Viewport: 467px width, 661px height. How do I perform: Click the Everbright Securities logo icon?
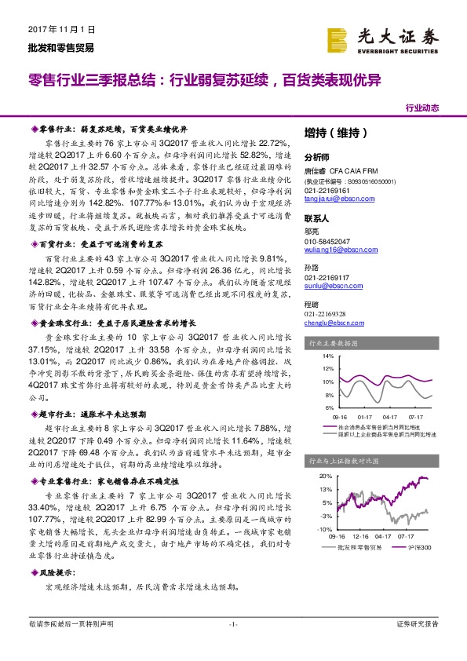tap(338, 38)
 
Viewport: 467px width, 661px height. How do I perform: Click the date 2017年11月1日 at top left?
tap(56, 28)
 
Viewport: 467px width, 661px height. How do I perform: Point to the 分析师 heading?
tap(318, 156)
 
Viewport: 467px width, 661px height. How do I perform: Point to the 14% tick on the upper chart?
tap(327, 356)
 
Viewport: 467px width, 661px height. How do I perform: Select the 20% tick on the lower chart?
tap(326, 477)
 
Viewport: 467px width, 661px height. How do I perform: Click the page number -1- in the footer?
tap(232, 624)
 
